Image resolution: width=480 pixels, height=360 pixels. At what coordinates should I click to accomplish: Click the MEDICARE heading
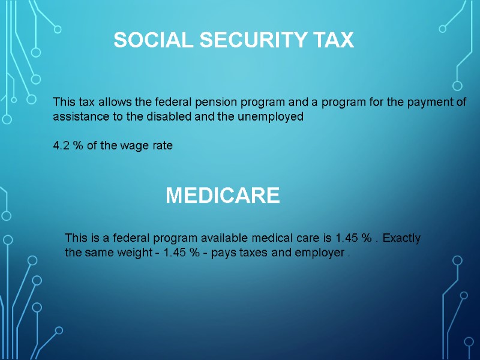pos(223,196)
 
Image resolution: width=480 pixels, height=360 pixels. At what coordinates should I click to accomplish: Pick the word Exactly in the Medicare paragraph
pos(401,238)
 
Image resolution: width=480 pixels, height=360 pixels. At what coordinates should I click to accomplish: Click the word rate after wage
pos(162,146)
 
